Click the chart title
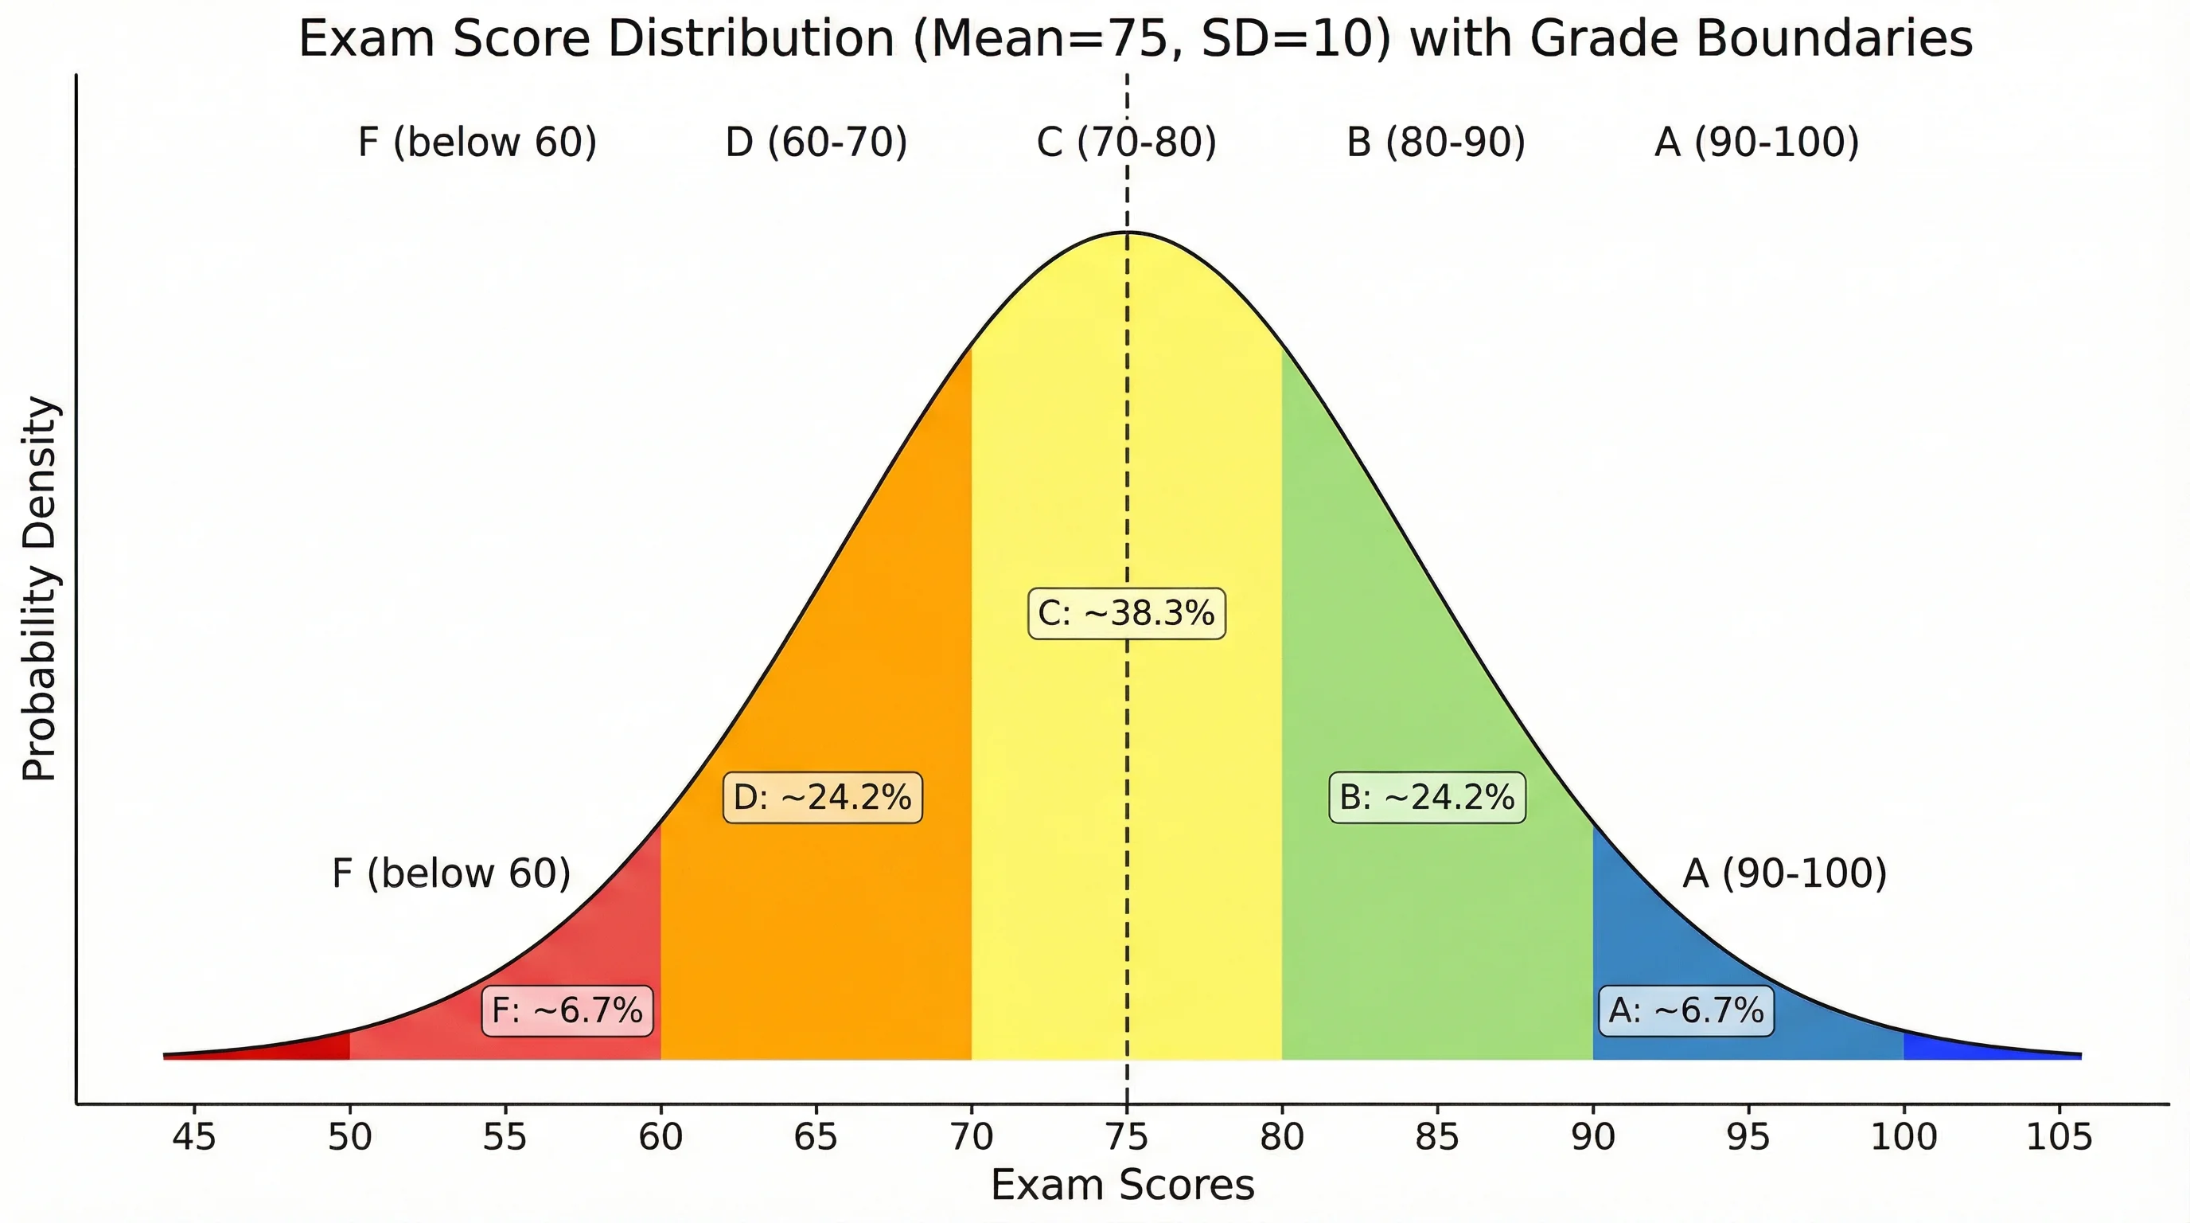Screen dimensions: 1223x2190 tap(1135, 39)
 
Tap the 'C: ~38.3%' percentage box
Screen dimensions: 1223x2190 tap(1127, 613)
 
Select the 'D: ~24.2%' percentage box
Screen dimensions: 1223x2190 tap(822, 798)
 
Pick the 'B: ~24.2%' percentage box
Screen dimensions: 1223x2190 tap(1427, 798)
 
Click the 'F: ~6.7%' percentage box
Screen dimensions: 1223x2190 tap(567, 1010)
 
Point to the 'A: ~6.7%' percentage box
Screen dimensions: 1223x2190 tap(1685, 1010)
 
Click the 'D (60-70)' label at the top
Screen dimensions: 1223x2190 tap(816, 142)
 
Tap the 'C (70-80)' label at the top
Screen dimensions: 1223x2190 tap(1127, 142)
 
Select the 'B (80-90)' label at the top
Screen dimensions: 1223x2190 tap(1436, 142)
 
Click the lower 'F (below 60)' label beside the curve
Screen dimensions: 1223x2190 tap(450, 873)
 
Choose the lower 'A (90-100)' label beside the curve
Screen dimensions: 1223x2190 tap(1784, 873)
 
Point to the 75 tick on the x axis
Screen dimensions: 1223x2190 tap(1127, 1137)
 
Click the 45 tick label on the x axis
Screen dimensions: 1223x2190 tap(194, 1137)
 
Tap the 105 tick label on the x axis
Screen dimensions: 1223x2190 tap(2058, 1137)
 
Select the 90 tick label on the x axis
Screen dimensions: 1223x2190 tap(1592, 1137)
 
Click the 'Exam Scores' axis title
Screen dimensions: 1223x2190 tap(1122, 1185)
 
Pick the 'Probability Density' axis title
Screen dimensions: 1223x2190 tap(40, 588)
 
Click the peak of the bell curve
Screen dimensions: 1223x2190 tap(1128, 232)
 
